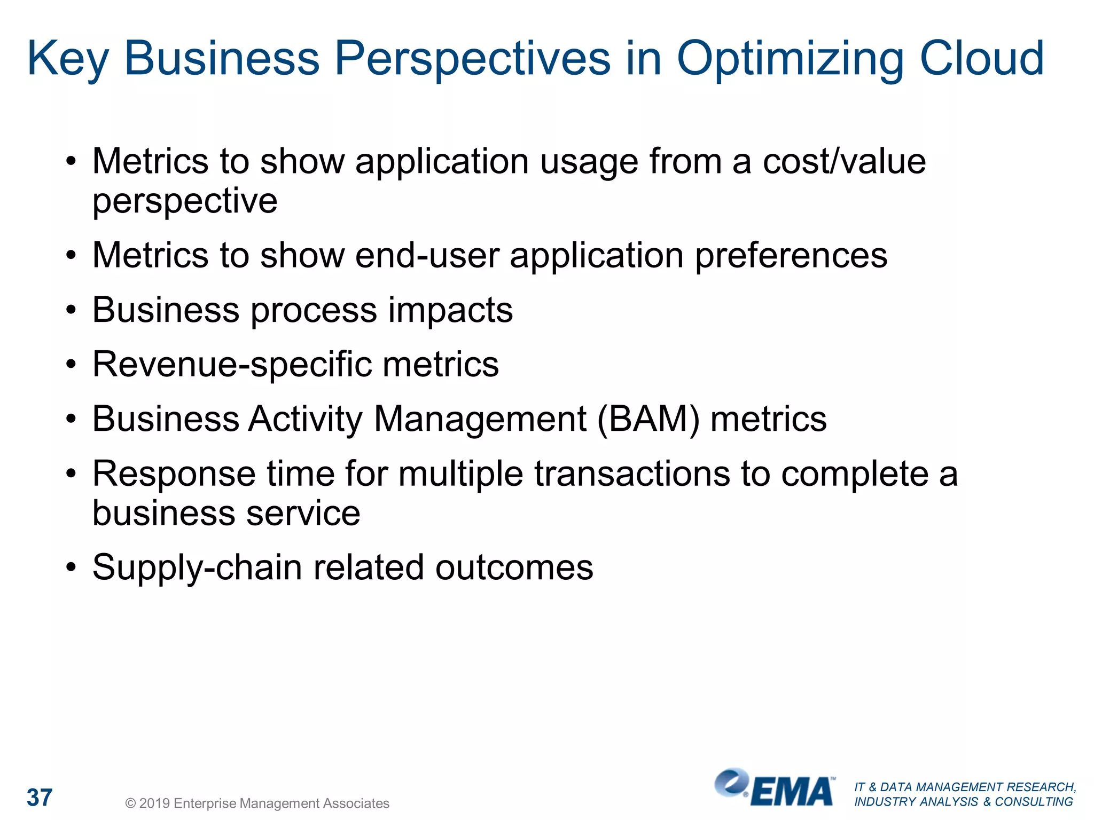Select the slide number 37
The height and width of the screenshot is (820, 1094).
(40, 798)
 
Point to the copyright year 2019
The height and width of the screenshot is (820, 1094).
(154, 803)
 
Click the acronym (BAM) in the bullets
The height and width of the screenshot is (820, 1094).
(648, 419)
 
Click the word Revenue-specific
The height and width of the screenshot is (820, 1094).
(232, 365)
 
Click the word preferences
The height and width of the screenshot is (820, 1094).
(791, 256)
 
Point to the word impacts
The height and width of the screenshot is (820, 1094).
(450, 310)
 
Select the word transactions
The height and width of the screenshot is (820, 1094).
(632, 474)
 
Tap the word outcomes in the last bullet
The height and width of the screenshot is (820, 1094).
(514, 567)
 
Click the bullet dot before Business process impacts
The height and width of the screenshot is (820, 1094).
(71, 310)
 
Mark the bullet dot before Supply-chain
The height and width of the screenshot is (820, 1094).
(71, 567)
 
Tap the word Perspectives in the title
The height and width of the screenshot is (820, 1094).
(472, 59)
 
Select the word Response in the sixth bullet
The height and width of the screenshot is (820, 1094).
(174, 474)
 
